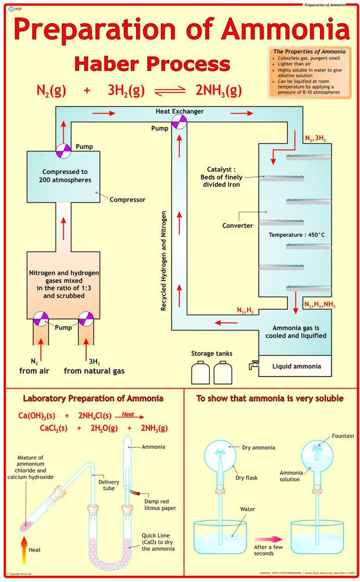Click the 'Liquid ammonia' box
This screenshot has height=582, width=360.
296,366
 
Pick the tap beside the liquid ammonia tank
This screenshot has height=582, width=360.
253,365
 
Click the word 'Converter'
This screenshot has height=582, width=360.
237,225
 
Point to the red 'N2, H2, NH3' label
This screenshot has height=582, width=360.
320,304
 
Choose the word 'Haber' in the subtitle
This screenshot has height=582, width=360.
109,63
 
